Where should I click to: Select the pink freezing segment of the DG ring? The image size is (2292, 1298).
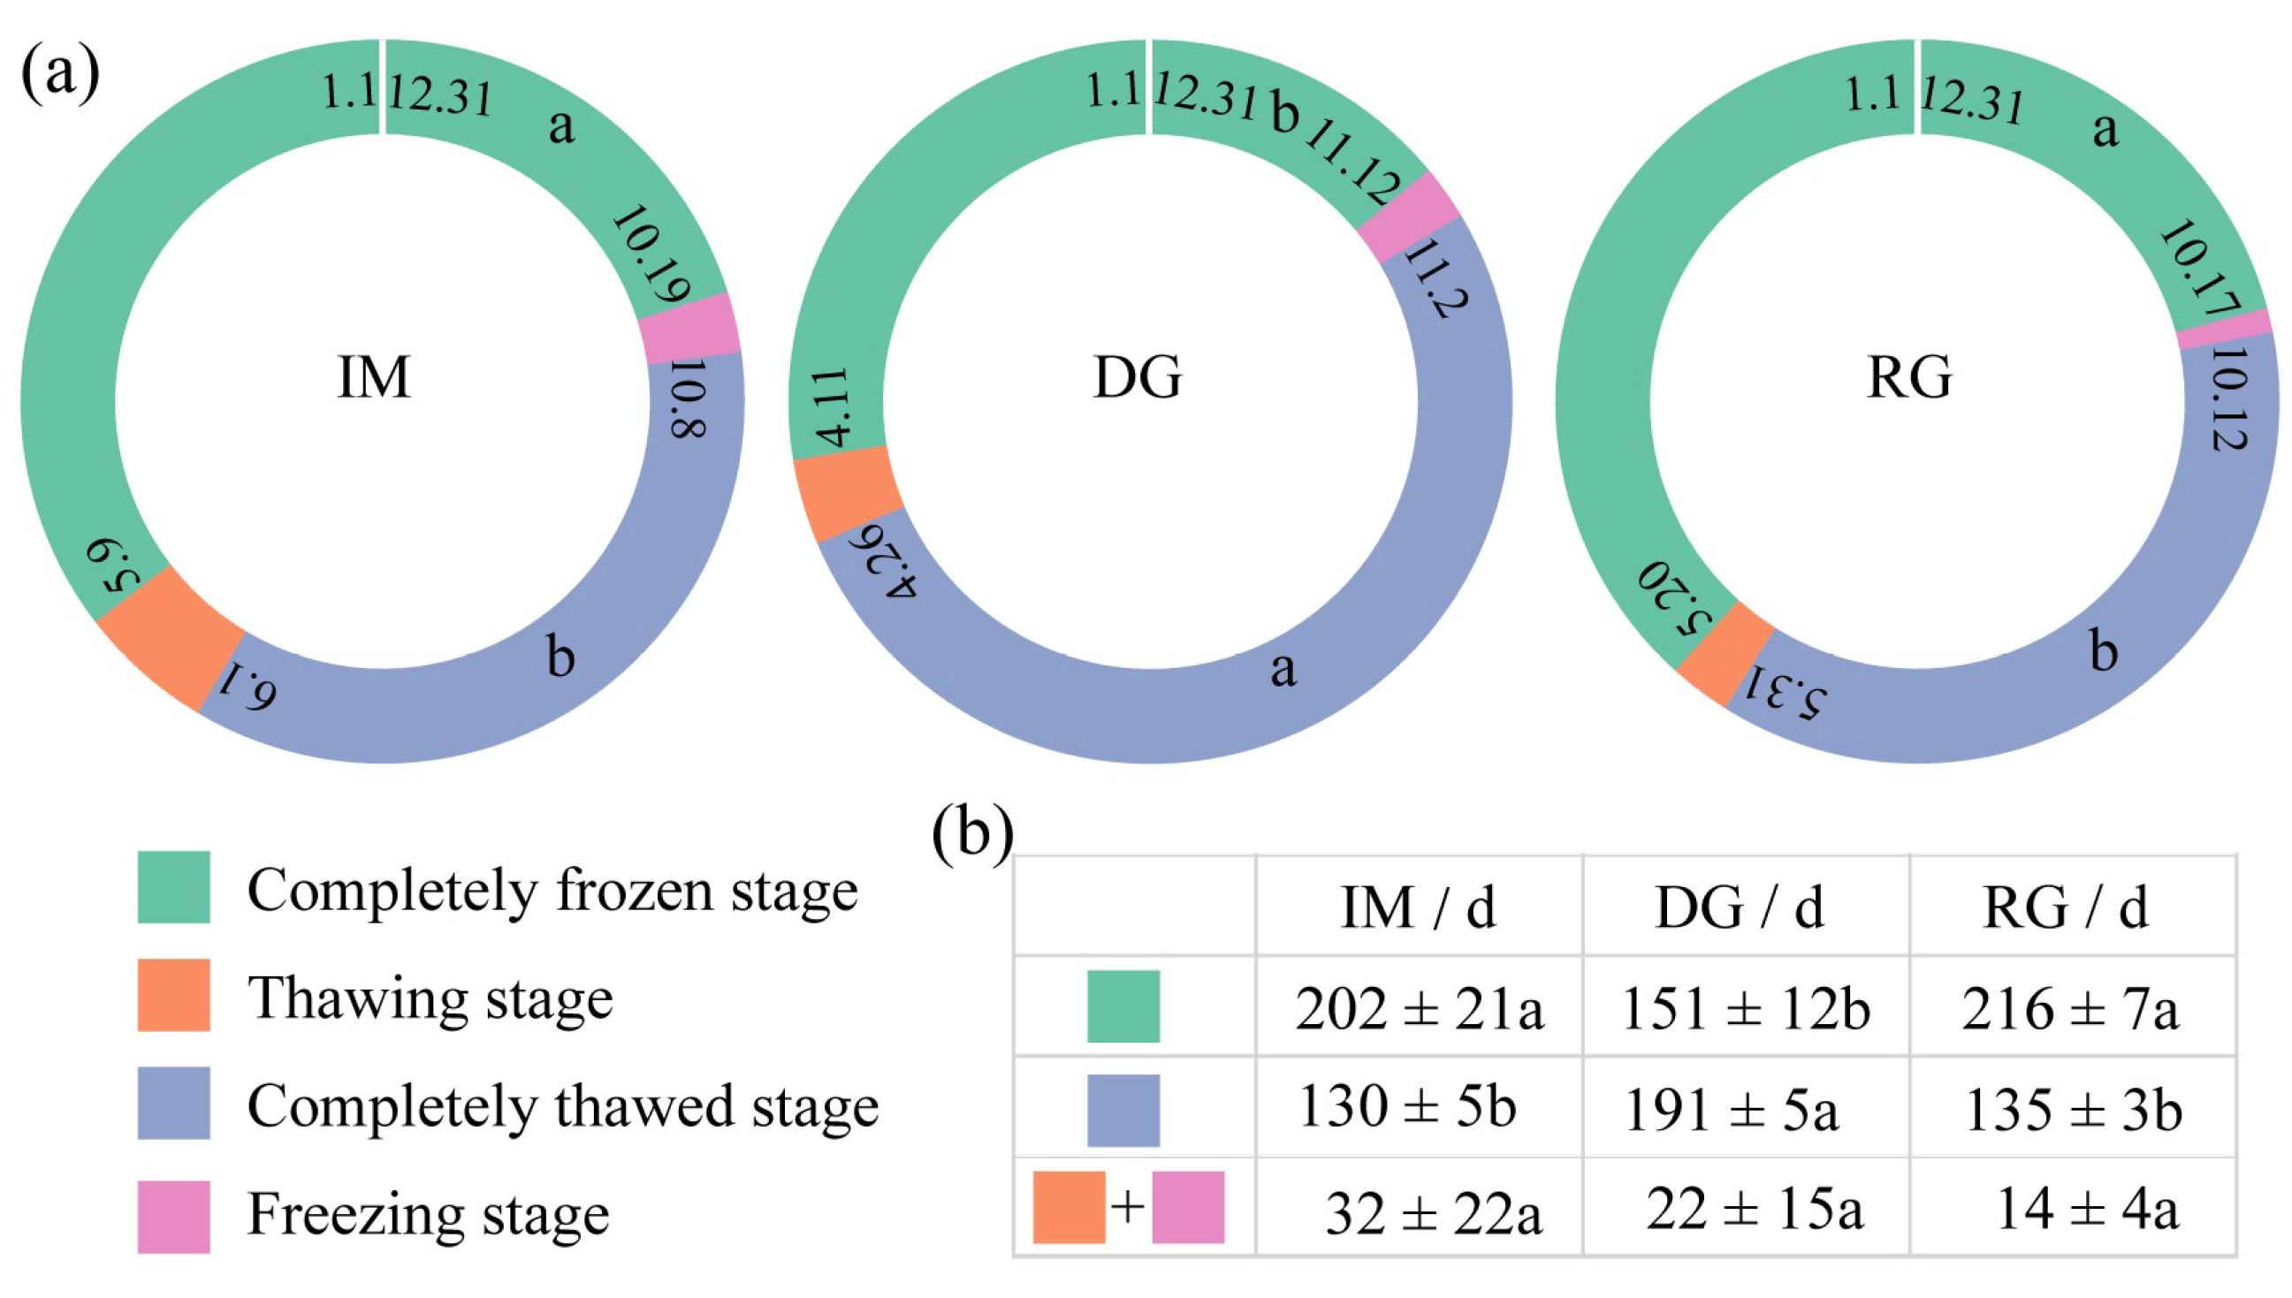tap(1408, 216)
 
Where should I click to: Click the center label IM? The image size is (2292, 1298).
tap(374, 377)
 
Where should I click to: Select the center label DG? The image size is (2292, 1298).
tap(1137, 377)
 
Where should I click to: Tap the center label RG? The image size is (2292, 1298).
tap(1908, 377)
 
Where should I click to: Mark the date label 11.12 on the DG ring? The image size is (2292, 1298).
tap(1352, 162)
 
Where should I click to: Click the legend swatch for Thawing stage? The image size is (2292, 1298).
tap(174, 995)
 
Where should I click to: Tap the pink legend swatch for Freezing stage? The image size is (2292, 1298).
tap(174, 1217)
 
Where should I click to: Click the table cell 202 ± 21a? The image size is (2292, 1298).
tap(1418, 1010)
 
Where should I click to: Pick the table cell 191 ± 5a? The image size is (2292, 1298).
tap(1730, 1111)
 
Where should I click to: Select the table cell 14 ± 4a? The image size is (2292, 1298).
tap(2087, 1210)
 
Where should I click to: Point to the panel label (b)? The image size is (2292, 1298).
tap(972, 833)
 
